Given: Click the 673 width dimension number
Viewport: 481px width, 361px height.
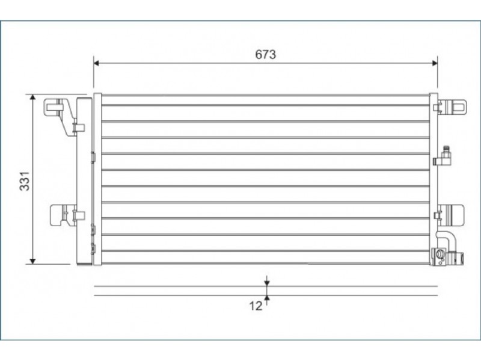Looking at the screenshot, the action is [266, 54].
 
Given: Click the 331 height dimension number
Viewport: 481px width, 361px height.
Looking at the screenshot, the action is [25, 181].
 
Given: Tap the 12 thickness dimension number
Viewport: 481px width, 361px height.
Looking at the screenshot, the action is [256, 306].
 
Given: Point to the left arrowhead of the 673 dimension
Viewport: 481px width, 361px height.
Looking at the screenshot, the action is [96, 63].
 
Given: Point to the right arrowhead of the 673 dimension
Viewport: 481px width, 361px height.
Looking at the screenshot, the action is [435, 63].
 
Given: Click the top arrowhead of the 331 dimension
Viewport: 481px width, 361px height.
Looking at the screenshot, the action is [32, 97].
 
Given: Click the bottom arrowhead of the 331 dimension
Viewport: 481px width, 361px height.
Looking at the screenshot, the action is [32, 261].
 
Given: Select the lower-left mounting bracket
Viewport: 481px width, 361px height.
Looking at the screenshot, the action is [67, 215].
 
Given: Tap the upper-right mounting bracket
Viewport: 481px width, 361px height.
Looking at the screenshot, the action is [450, 107].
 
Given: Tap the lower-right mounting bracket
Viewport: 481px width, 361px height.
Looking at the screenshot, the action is [449, 215].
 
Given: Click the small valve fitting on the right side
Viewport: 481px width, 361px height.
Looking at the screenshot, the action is [443, 156].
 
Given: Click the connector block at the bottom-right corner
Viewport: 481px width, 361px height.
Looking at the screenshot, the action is [447, 258].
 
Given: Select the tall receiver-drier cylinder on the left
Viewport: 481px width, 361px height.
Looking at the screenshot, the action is [84, 181].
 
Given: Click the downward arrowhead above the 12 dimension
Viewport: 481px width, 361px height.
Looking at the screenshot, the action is [267, 283].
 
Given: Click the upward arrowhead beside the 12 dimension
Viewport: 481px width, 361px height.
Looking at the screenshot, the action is [267, 298].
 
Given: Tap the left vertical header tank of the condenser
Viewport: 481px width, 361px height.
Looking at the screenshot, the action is [97, 179].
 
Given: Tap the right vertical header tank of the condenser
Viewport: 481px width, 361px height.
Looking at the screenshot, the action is [434, 179].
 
